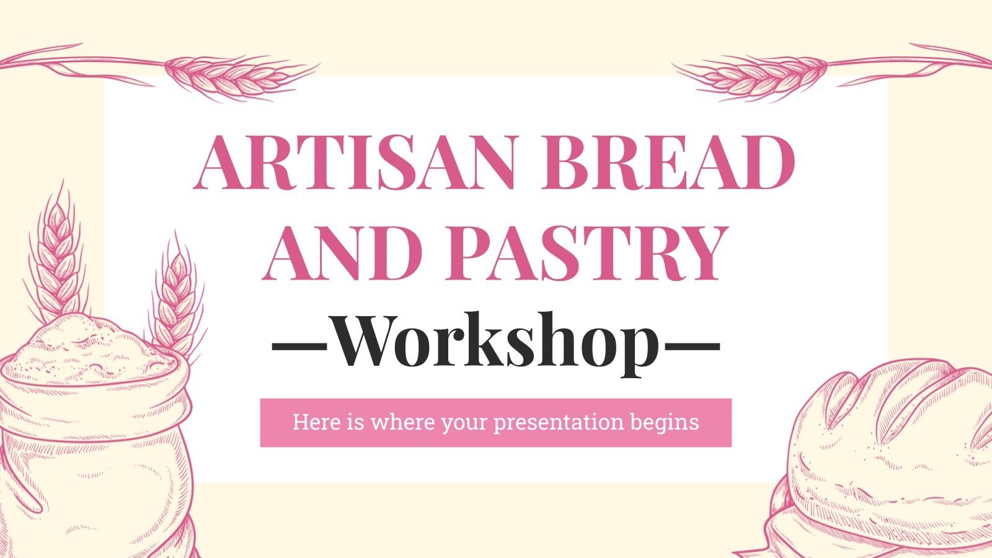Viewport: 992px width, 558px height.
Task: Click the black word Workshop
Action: pos(496,343)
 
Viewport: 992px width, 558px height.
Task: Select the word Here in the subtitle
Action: pos(316,422)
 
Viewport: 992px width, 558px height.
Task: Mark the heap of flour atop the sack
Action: pos(81,347)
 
